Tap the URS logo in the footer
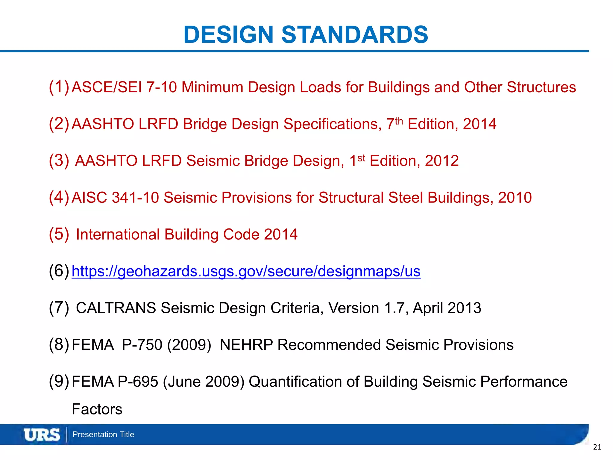(x=42, y=435)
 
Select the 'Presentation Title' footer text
(x=103, y=435)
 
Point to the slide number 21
(x=597, y=447)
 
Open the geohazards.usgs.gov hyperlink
(x=246, y=271)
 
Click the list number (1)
(x=59, y=87)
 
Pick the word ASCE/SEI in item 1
(x=107, y=87)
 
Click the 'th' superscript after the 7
(x=399, y=121)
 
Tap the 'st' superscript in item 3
(x=361, y=158)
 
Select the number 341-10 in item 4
(x=135, y=198)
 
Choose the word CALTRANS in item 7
(x=116, y=308)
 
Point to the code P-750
(x=142, y=345)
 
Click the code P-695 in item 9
(x=138, y=382)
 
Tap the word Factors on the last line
(x=97, y=409)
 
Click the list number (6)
(x=59, y=271)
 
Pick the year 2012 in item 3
(x=442, y=161)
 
